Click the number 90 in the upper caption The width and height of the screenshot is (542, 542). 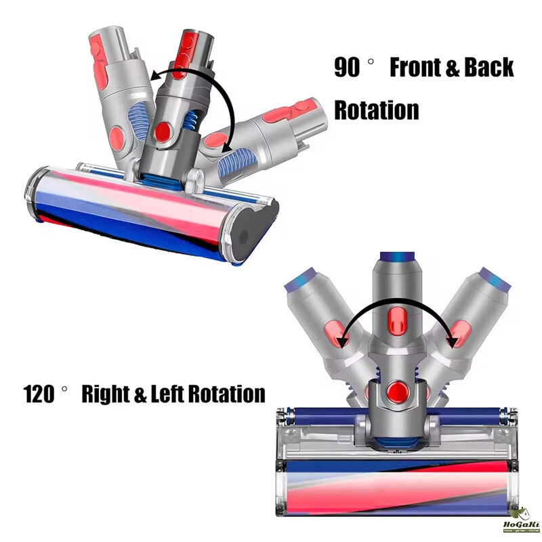[348, 68]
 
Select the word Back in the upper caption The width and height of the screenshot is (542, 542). [489, 68]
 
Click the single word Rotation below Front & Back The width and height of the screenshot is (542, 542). [377, 109]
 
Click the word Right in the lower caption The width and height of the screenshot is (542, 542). [106, 394]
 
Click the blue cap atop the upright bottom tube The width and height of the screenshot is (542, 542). [396, 257]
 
